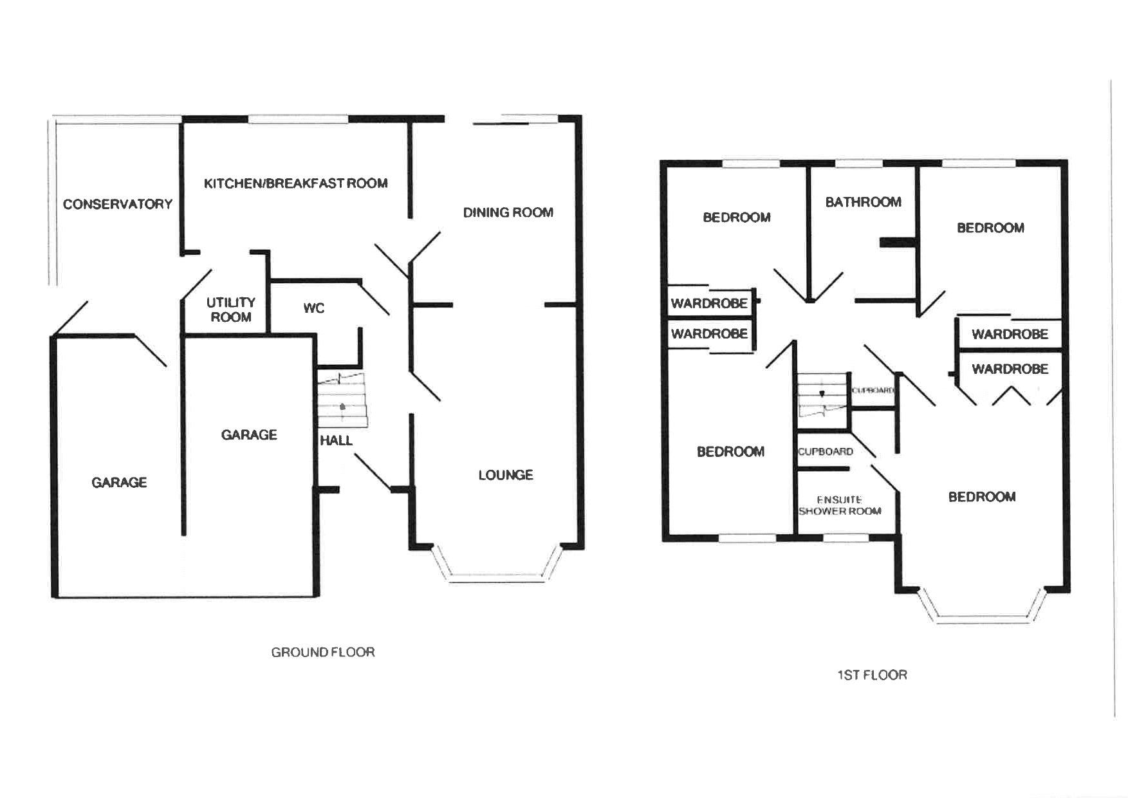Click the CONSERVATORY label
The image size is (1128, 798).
tap(118, 204)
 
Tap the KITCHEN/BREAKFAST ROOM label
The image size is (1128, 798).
tap(295, 183)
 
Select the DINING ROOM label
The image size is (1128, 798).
tap(508, 212)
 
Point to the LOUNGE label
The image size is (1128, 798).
tap(506, 475)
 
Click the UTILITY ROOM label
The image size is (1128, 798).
tap(230, 310)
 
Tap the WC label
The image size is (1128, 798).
tap(314, 308)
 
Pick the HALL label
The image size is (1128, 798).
tap(336, 440)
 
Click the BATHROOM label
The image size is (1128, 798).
tap(863, 202)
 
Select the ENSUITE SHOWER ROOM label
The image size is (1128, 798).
tap(839, 505)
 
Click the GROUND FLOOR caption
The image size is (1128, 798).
tap(323, 652)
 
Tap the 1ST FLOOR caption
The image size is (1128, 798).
tap(872, 675)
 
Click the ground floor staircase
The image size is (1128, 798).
tap(342, 400)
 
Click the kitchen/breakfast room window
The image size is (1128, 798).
tap(298, 119)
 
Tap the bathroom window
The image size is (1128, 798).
tap(862, 163)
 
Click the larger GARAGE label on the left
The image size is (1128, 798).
tap(119, 483)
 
